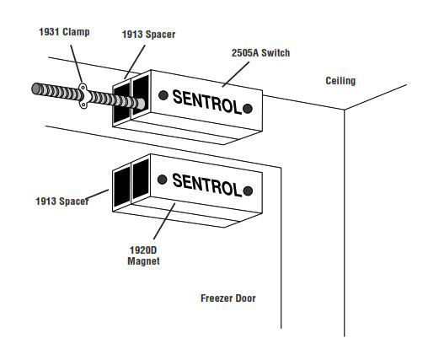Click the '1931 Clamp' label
tap(64, 32)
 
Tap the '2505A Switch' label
tap(260, 53)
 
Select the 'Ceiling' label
tap(340, 81)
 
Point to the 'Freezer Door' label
tap(228, 298)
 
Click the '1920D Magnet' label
tap(143, 255)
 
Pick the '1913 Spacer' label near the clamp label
tap(148, 35)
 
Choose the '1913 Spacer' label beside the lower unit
tap(62, 201)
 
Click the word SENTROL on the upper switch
tap(207, 102)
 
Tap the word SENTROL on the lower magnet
tap(207, 185)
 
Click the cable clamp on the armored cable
tap(83, 95)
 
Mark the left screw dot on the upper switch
tap(163, 95)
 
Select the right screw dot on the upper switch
tap(248, 109)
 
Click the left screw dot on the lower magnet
tap(163, 180)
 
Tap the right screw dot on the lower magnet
tap(248, 191)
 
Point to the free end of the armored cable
tap(35, 89)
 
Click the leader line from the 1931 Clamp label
tap(76, 64)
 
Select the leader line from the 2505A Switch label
tap(236, 74)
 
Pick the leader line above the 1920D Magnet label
tap(164, 221)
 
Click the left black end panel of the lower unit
tap(122, 186)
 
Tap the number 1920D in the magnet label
tap(143, 250)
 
